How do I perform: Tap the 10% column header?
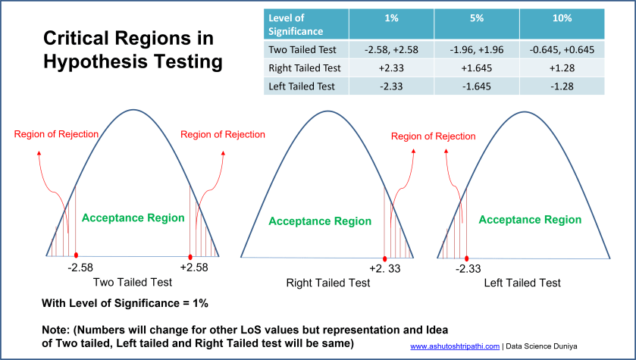point(562,17)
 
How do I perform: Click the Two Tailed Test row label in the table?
point(303,50)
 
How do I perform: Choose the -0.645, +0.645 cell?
point(562,50)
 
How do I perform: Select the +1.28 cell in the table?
point(562,68)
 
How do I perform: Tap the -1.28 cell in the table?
point(562,86)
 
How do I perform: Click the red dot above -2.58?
point(76,256)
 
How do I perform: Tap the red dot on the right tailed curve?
point(385,258)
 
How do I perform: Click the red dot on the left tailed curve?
point(466,258)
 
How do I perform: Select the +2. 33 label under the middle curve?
point(384,268)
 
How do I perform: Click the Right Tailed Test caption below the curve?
point(328,283)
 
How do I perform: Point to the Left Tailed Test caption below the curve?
point(522,283)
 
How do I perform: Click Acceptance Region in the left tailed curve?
point(530,220)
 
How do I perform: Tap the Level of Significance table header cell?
point(296,24)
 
